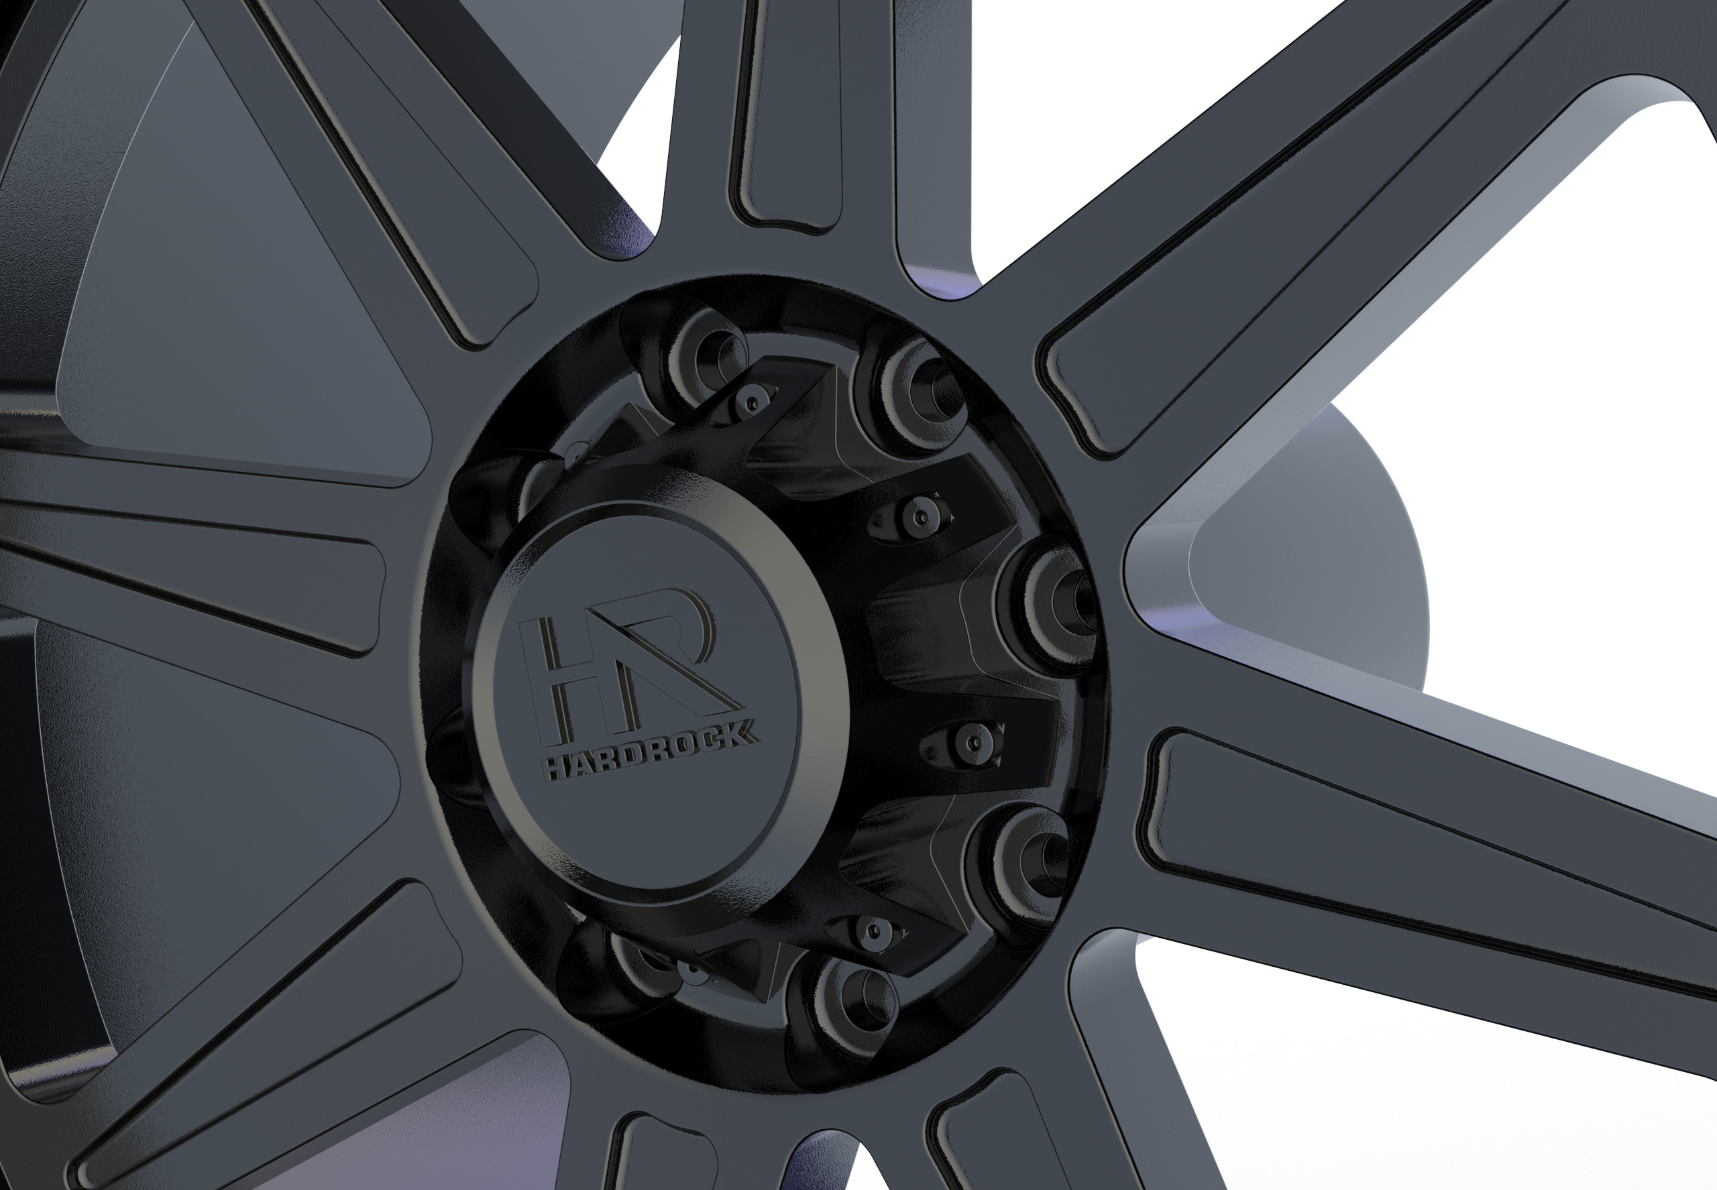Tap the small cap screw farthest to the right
click(973, 742)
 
